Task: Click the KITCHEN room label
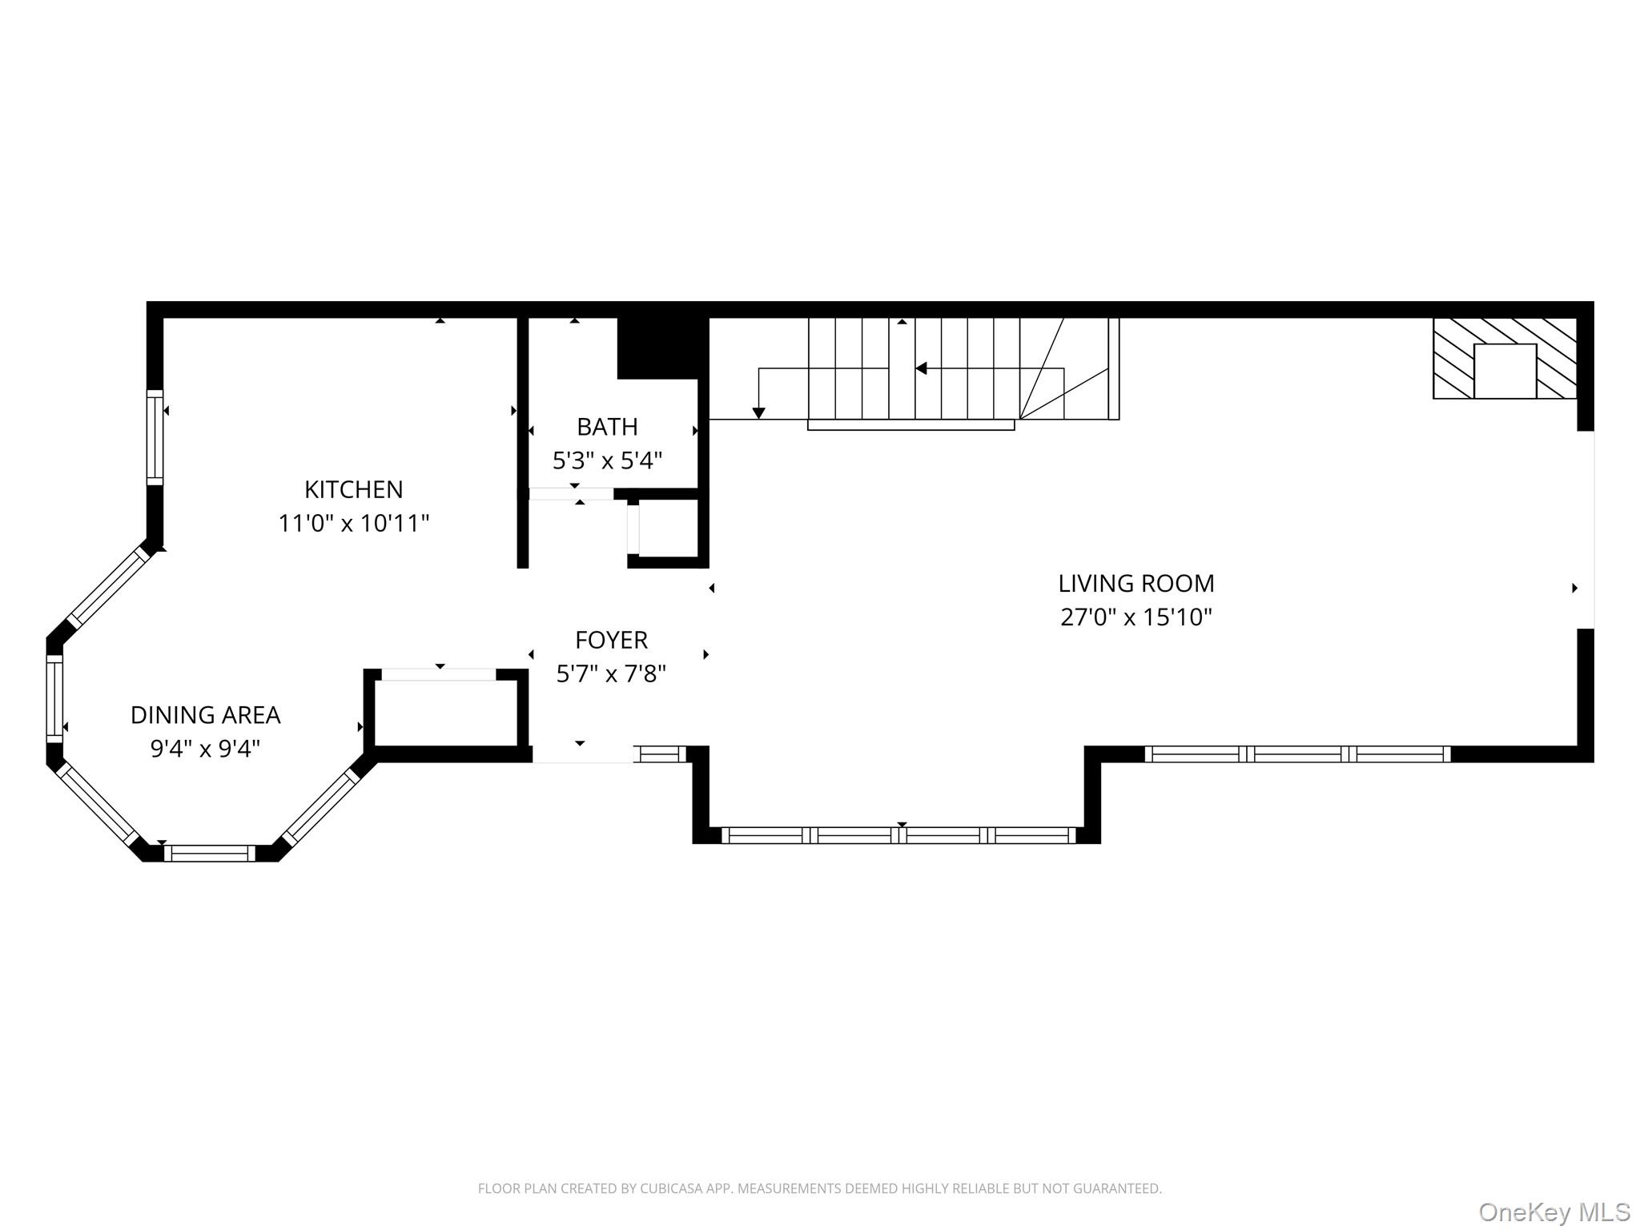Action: [353, 489]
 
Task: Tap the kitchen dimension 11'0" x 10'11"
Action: [353, 524]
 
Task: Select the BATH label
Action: [607, 427]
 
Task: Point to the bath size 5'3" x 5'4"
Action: [607, 461]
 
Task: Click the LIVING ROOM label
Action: [1136, 584]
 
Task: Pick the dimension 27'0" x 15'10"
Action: [1136, 617]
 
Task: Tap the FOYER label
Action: [611, 640]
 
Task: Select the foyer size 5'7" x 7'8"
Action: [611, 674]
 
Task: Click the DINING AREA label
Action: [205, 715]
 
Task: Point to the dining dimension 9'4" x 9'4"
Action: [205, 750]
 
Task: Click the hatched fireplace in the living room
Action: [1504, 358]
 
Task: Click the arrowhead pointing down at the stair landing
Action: [758, 413]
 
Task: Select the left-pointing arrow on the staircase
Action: [922, 368]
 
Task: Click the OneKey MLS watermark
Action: [1554, 1212]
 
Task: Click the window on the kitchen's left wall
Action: [155, 437]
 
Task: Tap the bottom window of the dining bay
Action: [210, 853]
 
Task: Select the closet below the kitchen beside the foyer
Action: [447, 712]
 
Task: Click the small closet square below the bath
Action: [667, 529]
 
